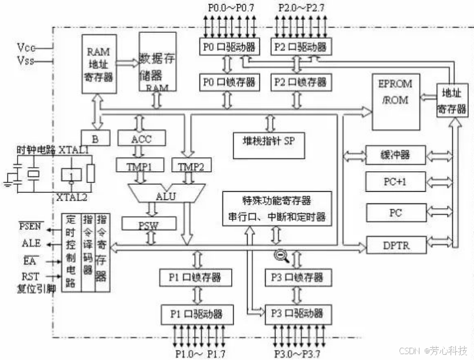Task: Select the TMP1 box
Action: [139, 167]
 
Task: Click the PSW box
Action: [148, 224]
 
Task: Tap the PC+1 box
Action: [395, 182]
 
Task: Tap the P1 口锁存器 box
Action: [196, 277]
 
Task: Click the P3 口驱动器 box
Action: [294, 313]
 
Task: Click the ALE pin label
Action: [31, 243]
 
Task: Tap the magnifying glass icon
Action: [280, 255]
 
